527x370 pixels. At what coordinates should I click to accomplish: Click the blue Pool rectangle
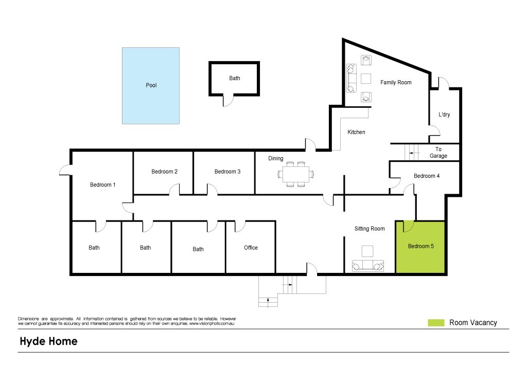click(151, 86)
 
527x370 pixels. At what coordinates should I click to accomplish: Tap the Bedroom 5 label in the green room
click(421, 246)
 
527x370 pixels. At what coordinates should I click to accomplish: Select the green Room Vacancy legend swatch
click(436, 323)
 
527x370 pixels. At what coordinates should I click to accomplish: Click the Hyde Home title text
click(49, 341)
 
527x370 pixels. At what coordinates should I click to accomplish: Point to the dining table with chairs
click(296, 174)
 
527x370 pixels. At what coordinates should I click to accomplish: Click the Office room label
click(251, 248)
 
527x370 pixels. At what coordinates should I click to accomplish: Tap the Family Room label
click(396, 82)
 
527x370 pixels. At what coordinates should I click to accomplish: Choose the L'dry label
click(444, 115)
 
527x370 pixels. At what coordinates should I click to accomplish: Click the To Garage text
click(438, 153)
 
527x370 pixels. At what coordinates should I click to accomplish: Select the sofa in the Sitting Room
click(368, 266)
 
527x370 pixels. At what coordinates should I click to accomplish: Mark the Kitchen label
click(356, 132)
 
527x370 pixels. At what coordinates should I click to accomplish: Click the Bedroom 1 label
click(102, 184)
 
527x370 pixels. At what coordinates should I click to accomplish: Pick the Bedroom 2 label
click(164, 172)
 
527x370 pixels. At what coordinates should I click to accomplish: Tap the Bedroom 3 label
click(227, 172)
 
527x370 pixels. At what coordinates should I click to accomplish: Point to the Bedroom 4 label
click(427, 176)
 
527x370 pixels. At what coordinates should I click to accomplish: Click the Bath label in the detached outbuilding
click(235, 78)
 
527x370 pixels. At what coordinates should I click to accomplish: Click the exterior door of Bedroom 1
click(66, 170)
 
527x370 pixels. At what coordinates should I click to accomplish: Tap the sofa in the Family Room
click(352, 78)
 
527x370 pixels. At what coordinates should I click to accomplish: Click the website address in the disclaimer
click(212, 324)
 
